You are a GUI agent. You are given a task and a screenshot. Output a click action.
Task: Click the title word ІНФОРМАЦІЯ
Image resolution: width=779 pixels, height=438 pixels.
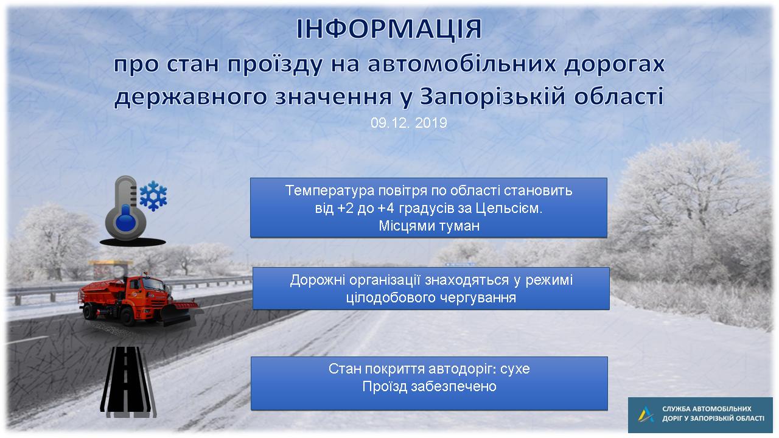click(x=389, y=29)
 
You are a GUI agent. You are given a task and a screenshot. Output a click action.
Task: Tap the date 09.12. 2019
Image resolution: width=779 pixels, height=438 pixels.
click(x=408, y=123)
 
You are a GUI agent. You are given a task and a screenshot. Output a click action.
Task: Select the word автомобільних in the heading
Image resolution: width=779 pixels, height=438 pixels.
click(x=461, y=64)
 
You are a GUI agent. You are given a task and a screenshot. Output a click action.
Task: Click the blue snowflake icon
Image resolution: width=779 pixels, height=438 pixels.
click(x=153, y=196)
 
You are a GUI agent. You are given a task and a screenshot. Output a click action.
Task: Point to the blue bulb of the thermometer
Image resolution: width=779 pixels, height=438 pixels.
click(x=125, y=223)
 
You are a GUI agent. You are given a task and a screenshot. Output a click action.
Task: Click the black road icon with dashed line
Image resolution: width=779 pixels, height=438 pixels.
click(x=128, y=381)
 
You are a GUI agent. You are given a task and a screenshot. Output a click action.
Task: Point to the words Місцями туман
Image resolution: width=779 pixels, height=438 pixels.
click(x=429, y=226)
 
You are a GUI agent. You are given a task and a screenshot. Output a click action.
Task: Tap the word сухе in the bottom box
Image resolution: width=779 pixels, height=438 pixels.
click(x=515, y=369)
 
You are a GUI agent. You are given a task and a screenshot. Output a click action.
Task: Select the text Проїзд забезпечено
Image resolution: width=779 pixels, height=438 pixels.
click(x=429, y=386)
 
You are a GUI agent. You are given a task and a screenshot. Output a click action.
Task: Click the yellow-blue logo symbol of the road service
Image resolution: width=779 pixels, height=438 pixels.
click(x=646, y=414)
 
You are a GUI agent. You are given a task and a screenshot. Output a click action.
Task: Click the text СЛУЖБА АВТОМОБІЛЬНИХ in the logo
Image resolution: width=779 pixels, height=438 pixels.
click(x=707, y=409)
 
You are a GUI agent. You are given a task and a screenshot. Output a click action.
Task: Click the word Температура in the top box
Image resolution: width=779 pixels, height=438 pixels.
click(x=330, y=191)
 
